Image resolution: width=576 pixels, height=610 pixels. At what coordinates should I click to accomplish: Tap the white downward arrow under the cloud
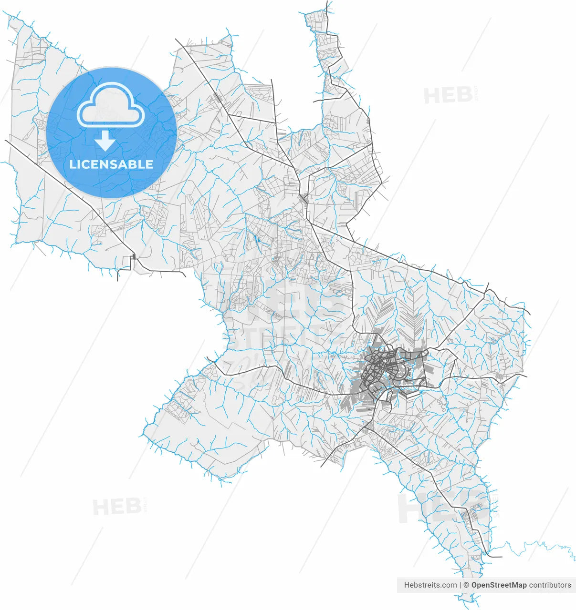(x=105, y=142)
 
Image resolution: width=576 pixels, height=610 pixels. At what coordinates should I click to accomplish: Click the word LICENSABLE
(x=111, y=164)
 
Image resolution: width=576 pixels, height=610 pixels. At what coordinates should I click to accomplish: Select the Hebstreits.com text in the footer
(x=430, y=585)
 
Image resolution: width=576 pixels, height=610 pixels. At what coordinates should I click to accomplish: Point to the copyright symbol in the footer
(x=466, y=585)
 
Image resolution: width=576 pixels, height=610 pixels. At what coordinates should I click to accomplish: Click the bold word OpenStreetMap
(x=499, y=585)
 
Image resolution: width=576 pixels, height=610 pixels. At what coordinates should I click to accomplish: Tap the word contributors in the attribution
(x=550, y=585)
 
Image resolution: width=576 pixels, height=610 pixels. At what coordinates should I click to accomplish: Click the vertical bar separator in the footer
(x=460, y=585)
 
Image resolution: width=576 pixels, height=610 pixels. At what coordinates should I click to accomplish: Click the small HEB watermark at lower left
(x=116, y=507)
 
